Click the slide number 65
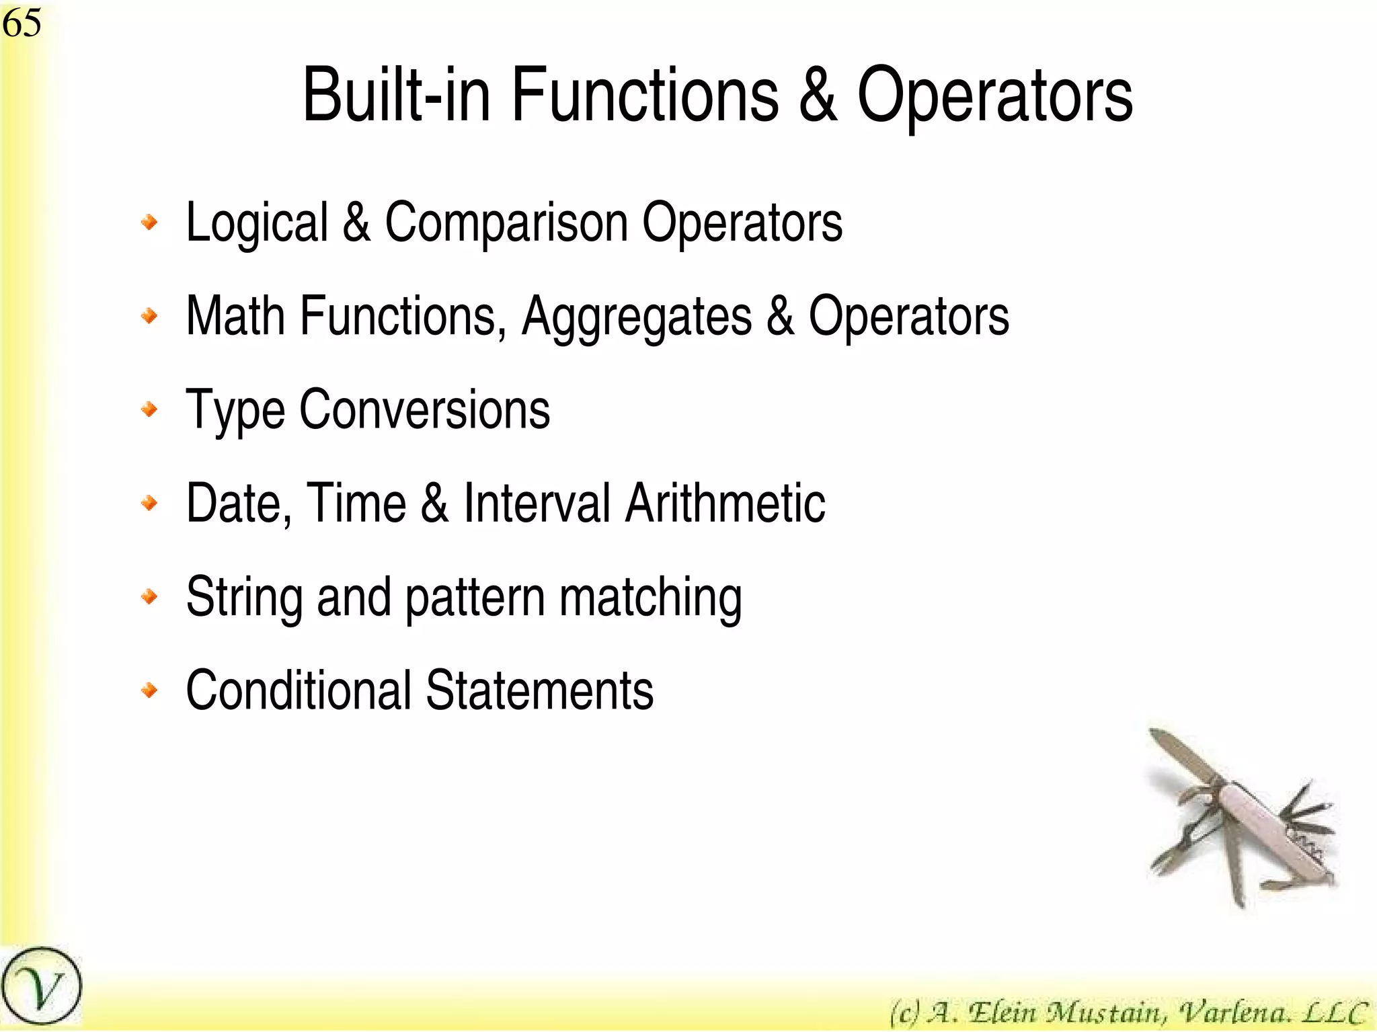(x=22, y=23)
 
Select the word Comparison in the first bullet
(x=506, y=223)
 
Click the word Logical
(x=257, y=223)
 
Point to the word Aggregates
(x=637, y=317)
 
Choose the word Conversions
(x=424, y=409)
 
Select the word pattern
(x=475, y=598)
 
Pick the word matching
(x=650, y=598)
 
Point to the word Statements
(x=539, y=690)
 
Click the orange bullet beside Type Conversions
(x=150, y=409)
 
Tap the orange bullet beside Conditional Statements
(x=150, y=690)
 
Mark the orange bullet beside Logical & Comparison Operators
(x=150, y=222)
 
